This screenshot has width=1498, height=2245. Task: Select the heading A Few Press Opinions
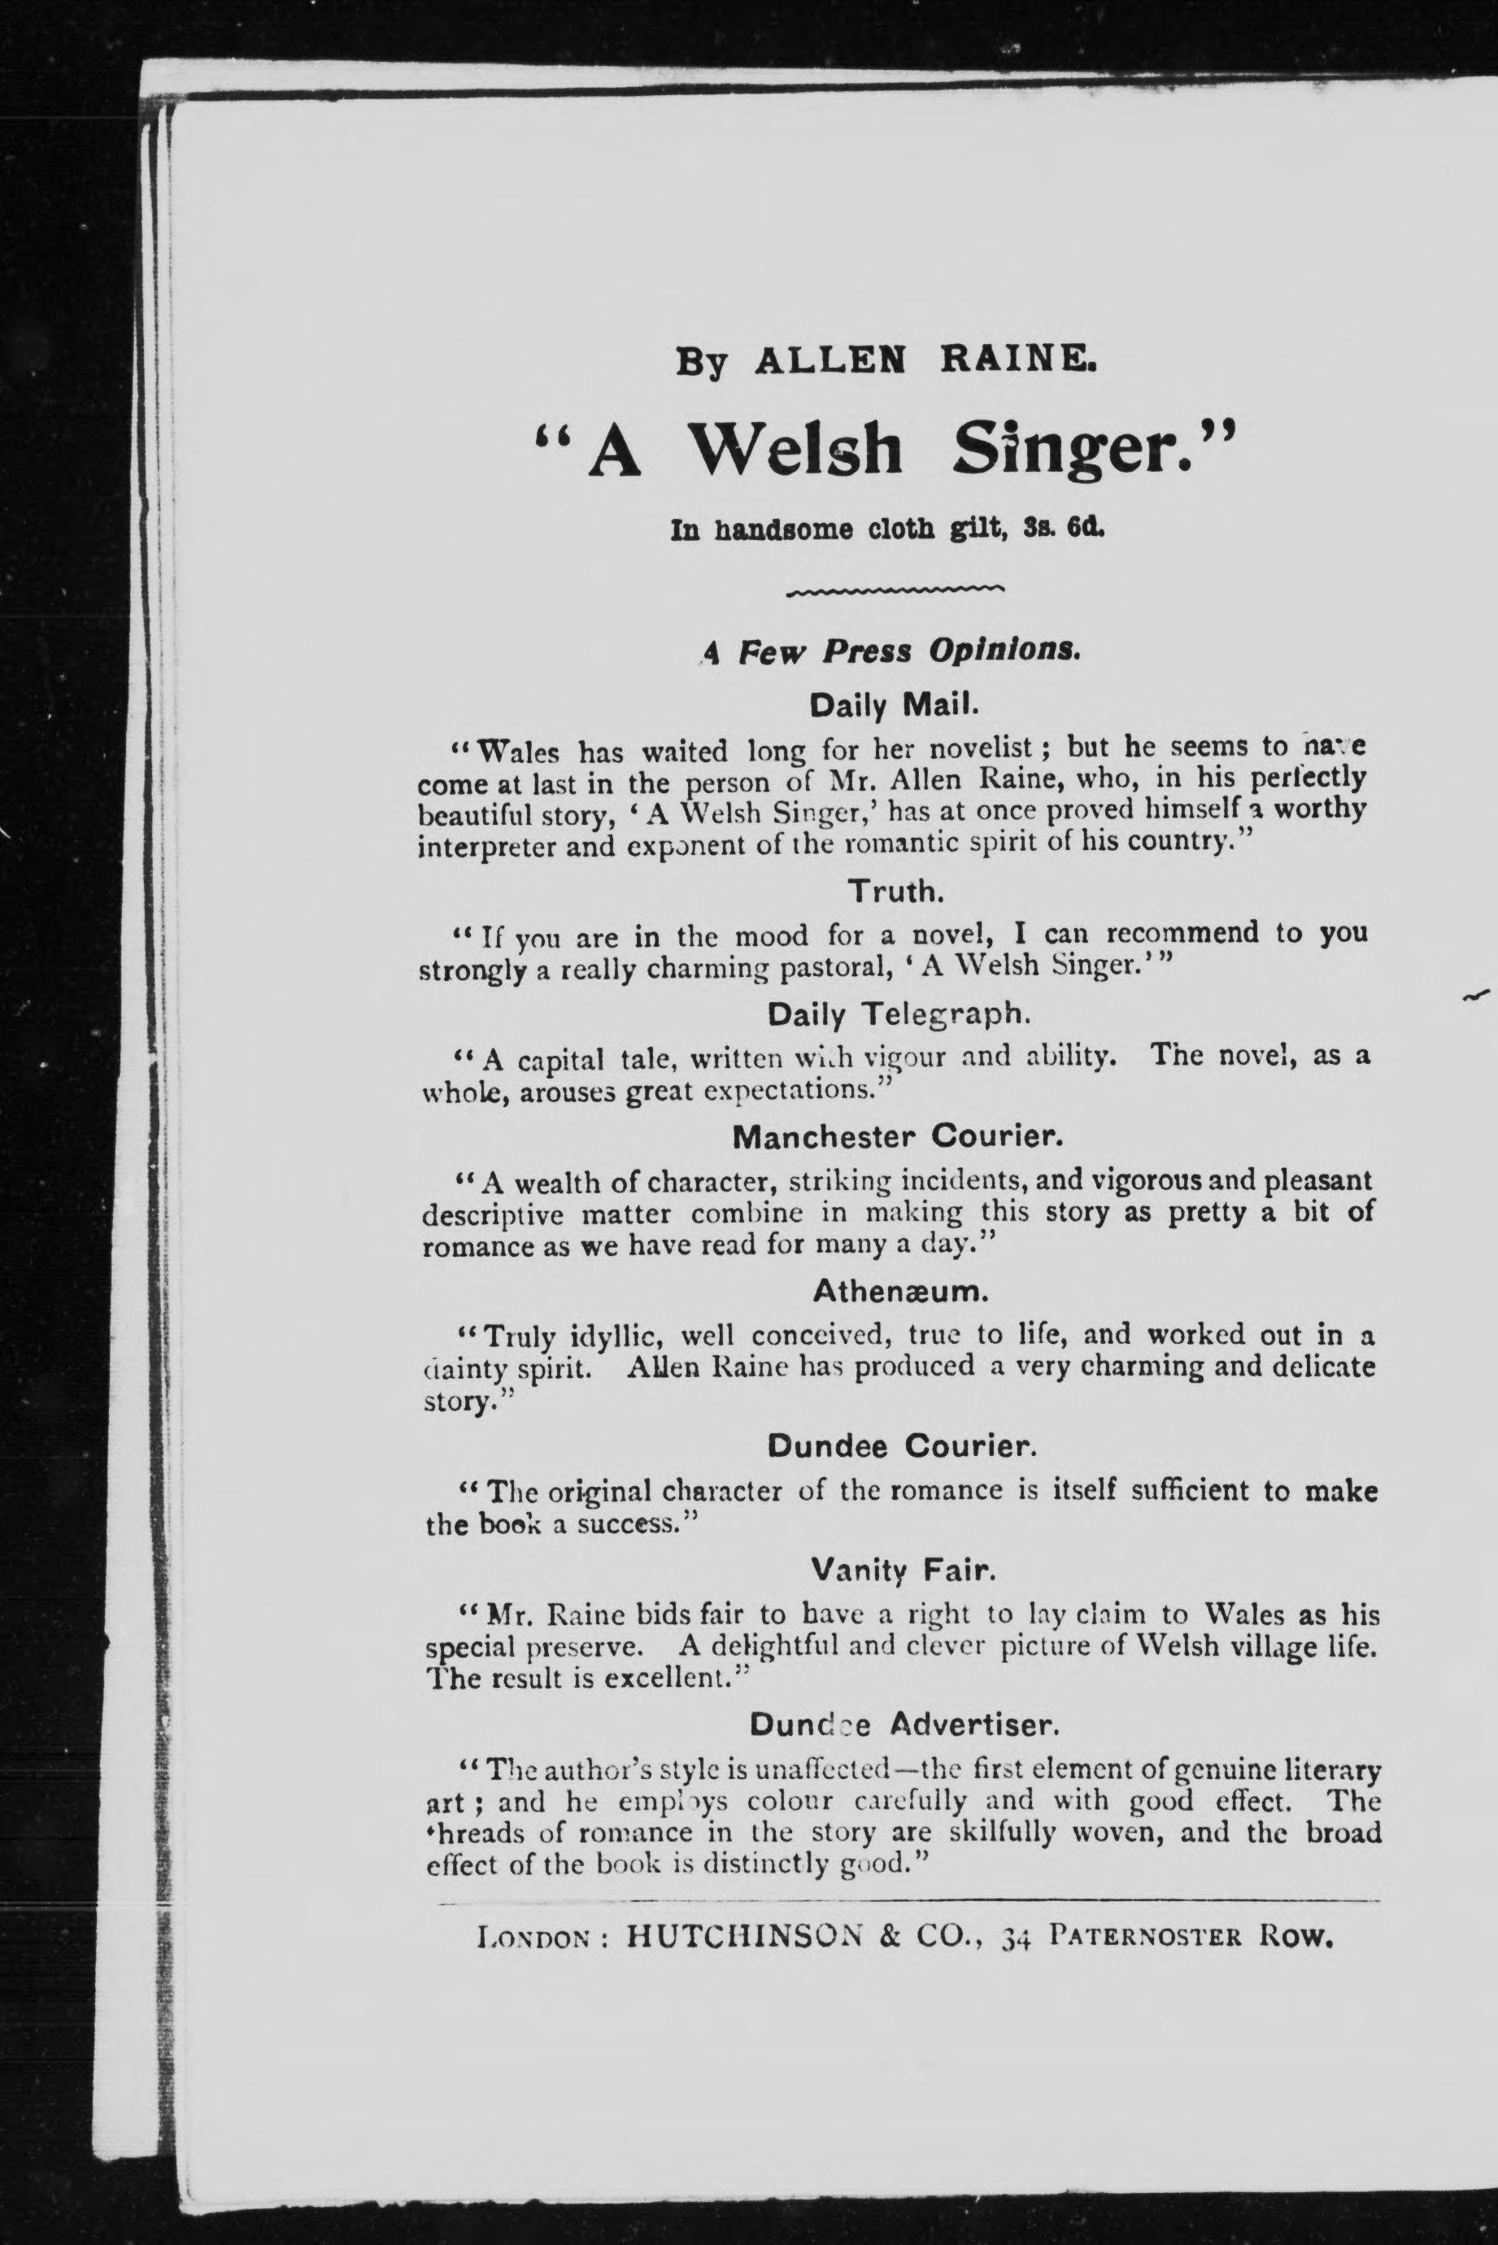[x=892, y=652]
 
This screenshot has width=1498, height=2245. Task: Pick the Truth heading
[x=896, y=891]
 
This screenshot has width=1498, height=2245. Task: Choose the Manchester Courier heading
[x=897, y=1137]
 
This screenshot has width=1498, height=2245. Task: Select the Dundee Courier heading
[x=901, y=1446]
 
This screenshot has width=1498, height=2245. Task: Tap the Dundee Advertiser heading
[x=904, y=1724]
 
